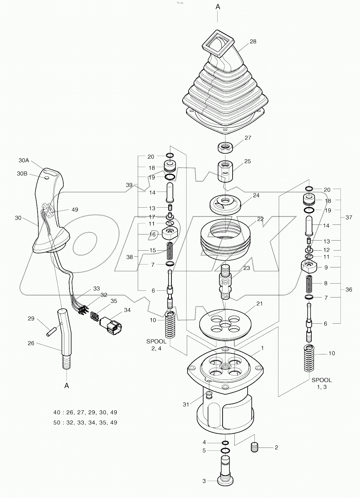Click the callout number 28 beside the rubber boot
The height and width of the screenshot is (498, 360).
pyautogui.click(x=253, y=42)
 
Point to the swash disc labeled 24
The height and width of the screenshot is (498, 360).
pyautogui.click(x=225, y=204)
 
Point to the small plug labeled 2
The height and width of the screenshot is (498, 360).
pyautogui.click(x=254, y=447)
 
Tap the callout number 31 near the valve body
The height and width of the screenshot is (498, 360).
pyautogui.click(x=186, y=405)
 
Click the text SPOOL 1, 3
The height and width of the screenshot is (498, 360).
pyautogui.click(x=321, y=383)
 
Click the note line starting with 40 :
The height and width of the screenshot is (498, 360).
pyautogui.click(x=85, y=412)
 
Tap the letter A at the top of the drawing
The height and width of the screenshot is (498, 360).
pyautogui.click(x=218, y=6)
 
